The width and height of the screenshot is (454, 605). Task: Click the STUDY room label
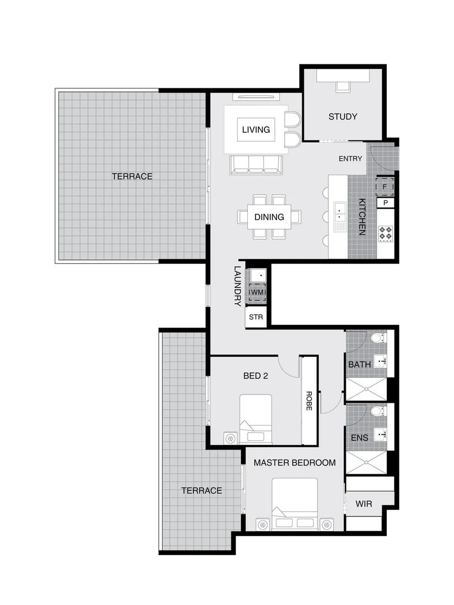point(342,117)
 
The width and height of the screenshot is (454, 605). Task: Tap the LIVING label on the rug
point(256,129)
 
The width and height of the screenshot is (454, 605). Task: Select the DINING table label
point(269,217)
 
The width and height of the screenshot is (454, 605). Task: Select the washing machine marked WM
point(257,292)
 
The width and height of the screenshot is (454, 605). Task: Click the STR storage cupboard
point(256,317)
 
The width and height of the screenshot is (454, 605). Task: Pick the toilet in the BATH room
point(378,338)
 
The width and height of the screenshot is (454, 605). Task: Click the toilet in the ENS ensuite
point(378,411)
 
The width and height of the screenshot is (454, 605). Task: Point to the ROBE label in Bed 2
point(308,401)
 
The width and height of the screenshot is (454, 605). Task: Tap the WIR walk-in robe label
point(364,504)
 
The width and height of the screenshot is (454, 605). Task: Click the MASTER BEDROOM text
point(294,463)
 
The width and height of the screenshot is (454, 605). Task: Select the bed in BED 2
point(256,419)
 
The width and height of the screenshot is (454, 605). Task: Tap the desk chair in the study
point(342,86)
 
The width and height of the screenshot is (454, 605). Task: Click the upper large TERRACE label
point(132,176)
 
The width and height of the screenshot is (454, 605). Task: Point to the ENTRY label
point(350,159)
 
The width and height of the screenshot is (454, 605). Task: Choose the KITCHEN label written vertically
point(362,217)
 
